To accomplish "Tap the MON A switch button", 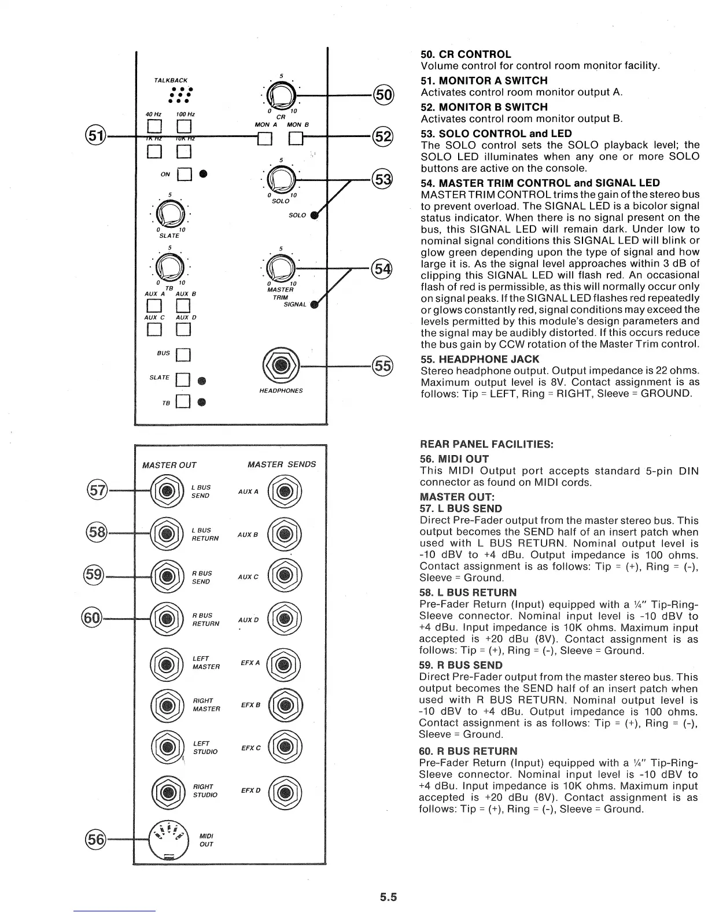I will pyautogui.click(x=264, y=139).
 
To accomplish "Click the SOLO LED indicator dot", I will pyautogui.click(x=314, y=216).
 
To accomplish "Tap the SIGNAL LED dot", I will pyautogui.click(x=314, y=305).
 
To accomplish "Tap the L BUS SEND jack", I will pyautogui.click(x=167, y=492).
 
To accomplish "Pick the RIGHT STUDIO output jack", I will pyautogui.click(x=167, y=791).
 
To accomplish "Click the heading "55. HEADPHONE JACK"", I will pyautogui.click(x=480, y=359).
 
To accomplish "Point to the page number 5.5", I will pyautogui.click(x=388, y=897).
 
